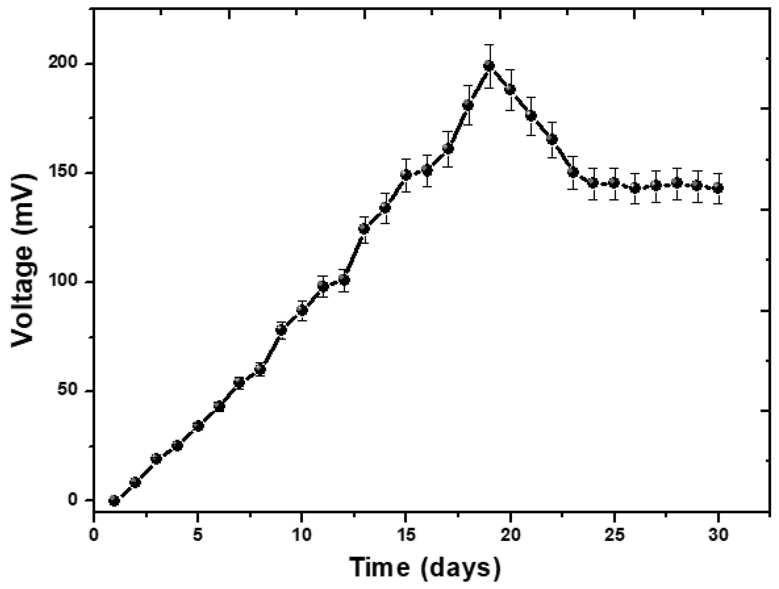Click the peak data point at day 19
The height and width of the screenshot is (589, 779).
point(489,66)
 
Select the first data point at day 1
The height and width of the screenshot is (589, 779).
point(114,500)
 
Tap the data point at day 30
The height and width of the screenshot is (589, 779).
point(718,188)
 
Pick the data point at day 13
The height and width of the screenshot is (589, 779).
point(364,229)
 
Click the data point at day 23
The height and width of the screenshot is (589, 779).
point(573,172)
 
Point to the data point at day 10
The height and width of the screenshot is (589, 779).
point(302,310)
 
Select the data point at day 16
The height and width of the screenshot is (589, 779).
point(427,171)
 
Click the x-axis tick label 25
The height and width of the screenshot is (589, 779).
point(615,535)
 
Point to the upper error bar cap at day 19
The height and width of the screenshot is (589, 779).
point(489,45)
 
